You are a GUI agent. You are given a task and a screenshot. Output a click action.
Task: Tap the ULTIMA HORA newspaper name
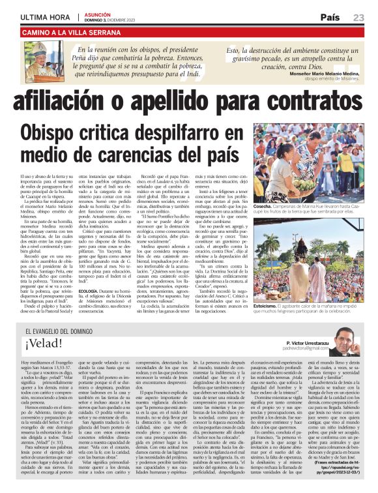coord(46,17)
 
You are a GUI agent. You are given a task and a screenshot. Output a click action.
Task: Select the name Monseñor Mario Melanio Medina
coord(317,74)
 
